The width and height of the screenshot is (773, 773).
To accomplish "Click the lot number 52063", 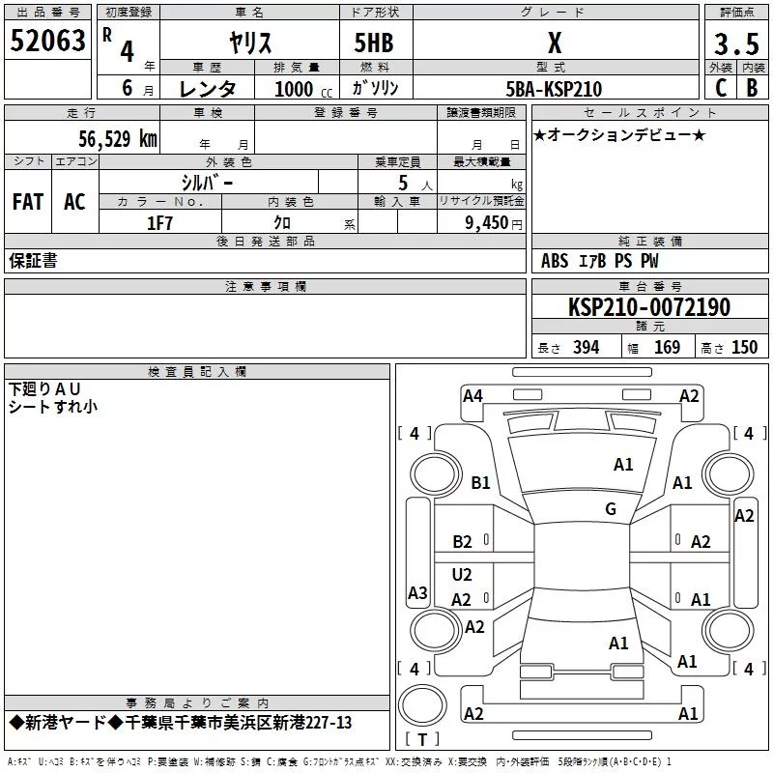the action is click(x=47, y=41).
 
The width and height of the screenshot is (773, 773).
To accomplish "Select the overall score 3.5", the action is click(x=734, y=43).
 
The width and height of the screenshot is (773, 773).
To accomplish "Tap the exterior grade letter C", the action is click(x=720, y=87).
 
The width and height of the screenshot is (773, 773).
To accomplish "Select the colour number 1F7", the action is click(x=159, y=223).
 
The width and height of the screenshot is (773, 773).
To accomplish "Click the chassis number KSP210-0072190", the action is click(x=649, y=307).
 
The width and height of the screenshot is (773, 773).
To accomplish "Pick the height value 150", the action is click(x=744, y=348).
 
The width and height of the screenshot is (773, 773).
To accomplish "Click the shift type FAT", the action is click(x=28, y=201).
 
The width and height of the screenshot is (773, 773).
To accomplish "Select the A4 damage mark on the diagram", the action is click(x=472, y=395).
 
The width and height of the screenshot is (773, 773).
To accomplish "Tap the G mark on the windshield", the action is click(x=611, y=509).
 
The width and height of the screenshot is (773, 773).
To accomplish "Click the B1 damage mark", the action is click(x=480, y=483).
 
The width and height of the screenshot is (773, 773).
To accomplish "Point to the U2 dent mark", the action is click(x=462, y=575).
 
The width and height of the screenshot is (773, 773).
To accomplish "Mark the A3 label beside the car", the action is click(x=417, y=593).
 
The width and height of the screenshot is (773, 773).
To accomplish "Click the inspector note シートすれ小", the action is click(x=53, y=407).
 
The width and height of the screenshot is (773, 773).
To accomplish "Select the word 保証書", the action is click(x=33, y=261).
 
